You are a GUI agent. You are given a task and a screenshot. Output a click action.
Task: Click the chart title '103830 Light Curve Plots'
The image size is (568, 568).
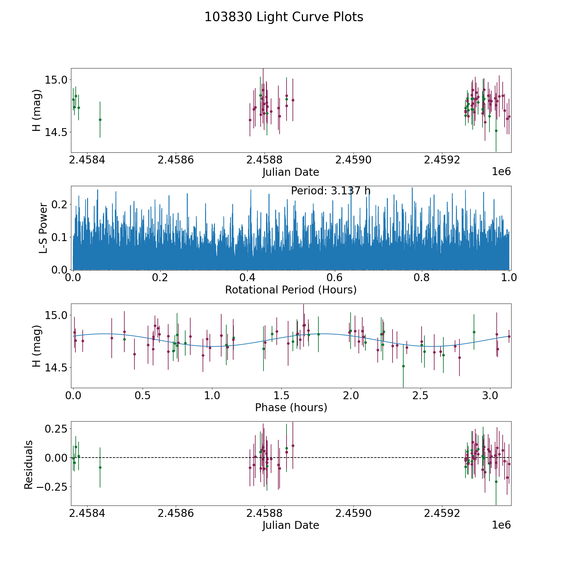click(284, 17)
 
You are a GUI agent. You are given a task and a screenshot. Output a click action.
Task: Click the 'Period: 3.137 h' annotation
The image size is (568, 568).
click(331, 191)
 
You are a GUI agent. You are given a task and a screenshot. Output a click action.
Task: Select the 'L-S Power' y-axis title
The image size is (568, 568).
click(43, 228)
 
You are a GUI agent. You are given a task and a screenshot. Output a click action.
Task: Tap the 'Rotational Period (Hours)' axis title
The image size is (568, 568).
click(291, 290)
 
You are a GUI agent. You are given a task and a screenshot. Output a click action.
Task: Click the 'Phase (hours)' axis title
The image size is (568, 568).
click(291, 407)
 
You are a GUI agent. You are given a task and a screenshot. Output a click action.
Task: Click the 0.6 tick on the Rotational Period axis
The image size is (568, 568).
click(334, 278)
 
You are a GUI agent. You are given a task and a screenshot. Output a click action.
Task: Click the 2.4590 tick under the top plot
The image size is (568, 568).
click(353, 160)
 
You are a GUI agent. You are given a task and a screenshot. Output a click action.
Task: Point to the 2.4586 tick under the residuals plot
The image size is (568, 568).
click(175, 513)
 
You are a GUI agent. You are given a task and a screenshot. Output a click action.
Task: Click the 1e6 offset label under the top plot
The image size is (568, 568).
click(501, 171)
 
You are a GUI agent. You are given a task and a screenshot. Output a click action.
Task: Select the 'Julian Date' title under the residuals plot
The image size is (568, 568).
click(291, 525)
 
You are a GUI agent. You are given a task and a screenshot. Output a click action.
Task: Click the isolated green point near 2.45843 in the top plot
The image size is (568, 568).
click(100, 120)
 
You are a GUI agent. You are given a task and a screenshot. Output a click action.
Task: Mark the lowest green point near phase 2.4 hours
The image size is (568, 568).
click(403, 366)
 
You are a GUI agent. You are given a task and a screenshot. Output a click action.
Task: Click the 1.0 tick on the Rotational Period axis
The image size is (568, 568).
click(509, 278)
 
